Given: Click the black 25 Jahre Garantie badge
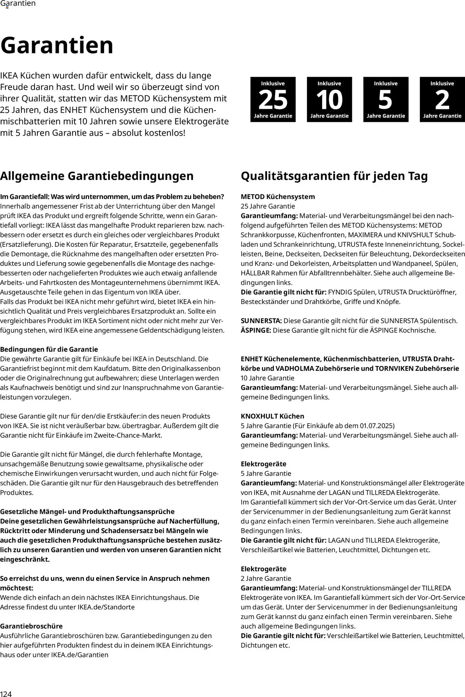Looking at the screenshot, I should click(273, 99).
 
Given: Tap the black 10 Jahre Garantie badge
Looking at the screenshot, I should click(329, 99).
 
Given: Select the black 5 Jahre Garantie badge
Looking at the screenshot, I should click(385, 99).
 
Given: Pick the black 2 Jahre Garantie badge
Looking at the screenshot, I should click(442, 99).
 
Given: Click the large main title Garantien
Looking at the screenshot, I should click(57, 45).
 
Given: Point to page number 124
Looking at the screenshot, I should click(6, 692).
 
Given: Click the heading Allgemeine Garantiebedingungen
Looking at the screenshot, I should click(97, 176).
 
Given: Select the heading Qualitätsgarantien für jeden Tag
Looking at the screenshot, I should click(334, 176).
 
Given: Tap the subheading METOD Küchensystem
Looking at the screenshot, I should click(277, 197).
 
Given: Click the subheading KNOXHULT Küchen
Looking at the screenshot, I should click(272, 416).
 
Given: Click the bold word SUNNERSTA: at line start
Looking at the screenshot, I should click(261, 321).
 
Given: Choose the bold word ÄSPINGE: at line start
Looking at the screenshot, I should click(256, 330).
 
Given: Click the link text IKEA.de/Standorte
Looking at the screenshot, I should click(106, 607).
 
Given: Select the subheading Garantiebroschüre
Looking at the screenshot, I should click(31, 626).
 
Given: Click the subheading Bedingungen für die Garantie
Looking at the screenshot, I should click(49, 349).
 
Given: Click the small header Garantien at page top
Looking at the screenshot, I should click(18, 4).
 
